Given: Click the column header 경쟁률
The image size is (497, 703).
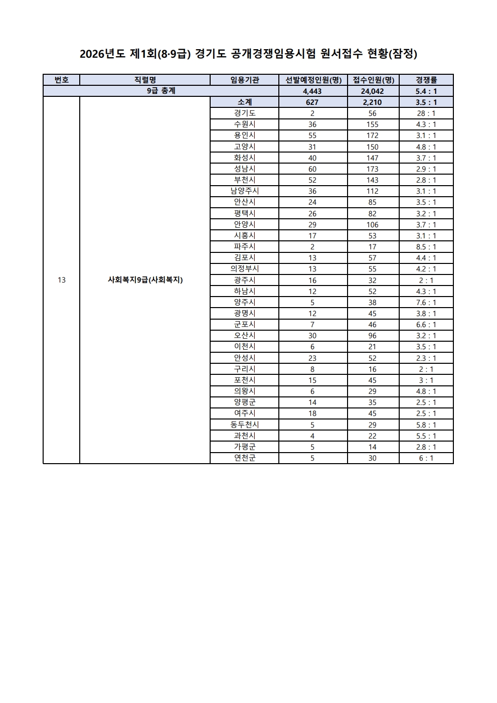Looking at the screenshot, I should [426, 80].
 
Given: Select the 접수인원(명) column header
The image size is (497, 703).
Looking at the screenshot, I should [373, 80].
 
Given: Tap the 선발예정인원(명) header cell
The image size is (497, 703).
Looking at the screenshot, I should [313, 80].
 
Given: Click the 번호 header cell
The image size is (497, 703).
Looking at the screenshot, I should [61, 80].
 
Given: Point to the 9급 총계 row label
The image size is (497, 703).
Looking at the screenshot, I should [161, 91].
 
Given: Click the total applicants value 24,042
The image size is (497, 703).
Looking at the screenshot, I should [373, 91].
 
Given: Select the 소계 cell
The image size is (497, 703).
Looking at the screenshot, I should [244, 102].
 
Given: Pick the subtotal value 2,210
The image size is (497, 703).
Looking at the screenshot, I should [373, 102].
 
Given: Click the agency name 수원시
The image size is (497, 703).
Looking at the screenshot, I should [244, 124].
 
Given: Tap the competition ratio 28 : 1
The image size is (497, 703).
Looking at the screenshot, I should [426, 113].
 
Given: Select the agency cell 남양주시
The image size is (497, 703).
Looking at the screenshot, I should [244, 191].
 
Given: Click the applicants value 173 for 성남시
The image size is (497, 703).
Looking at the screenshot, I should [373, 169].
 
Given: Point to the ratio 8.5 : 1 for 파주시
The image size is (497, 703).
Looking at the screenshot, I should [426, 247].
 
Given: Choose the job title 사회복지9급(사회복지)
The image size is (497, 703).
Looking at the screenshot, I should [145, 280].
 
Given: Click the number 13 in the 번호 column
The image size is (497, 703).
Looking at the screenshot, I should [61, 280].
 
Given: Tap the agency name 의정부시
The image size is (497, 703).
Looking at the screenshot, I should [244, 269].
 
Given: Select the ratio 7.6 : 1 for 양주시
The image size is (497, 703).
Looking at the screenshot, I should [426, 303].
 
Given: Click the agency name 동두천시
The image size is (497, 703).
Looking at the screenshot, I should [244, 425].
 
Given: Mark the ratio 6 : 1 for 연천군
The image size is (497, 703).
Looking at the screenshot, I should [426, 458].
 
